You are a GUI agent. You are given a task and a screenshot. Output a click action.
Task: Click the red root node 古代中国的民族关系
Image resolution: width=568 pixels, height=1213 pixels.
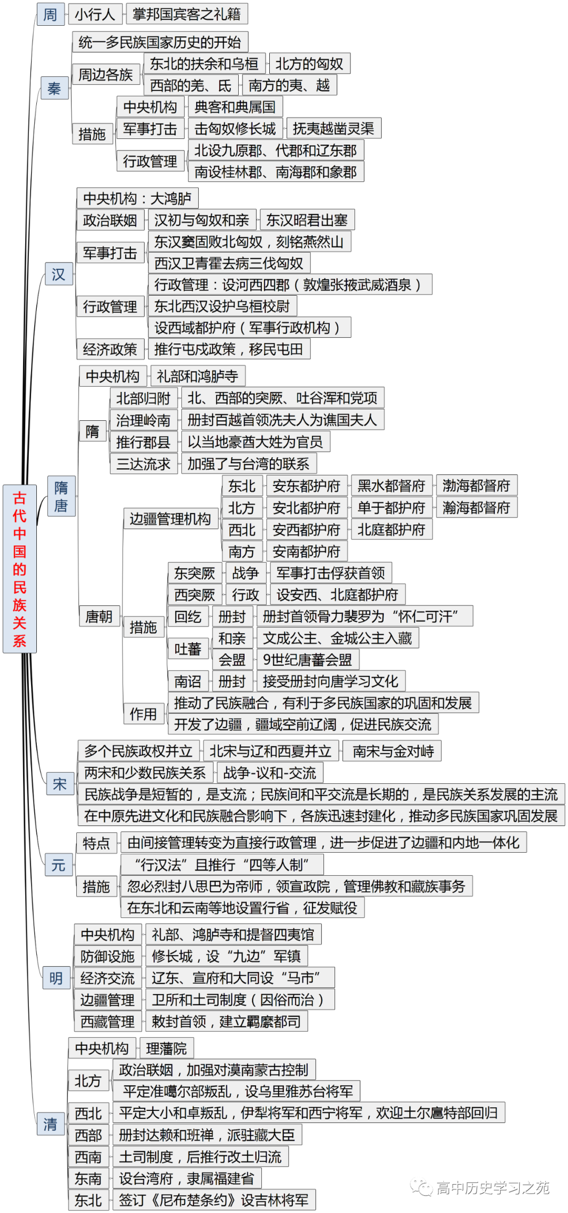tap(19, 569)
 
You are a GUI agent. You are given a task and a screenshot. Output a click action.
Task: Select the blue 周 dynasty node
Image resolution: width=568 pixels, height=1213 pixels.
tap(50, 14)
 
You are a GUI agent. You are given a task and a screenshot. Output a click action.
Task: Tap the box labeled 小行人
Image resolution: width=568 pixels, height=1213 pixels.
tap(95, 14)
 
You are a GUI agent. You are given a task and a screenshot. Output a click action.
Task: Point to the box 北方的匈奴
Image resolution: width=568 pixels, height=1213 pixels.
tap(309, 64)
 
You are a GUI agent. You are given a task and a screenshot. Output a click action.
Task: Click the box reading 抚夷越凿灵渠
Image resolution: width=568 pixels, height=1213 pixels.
tap(333, 128)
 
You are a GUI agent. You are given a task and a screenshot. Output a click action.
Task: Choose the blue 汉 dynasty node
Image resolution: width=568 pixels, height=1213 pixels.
tap(58, 274)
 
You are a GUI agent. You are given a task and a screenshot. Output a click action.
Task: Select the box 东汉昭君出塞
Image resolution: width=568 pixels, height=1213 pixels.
tap(307, 220)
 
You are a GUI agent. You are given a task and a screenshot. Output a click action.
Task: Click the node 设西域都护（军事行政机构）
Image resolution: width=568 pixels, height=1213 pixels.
tap(249, 328)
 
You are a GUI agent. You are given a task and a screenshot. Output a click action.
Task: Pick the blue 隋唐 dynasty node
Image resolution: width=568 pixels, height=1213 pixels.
tap(61, 497)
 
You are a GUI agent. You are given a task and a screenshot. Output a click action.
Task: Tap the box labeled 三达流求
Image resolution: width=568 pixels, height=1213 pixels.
tap(143, 464)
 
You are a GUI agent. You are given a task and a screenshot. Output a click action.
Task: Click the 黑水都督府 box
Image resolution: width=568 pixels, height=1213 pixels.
tap(391, 486)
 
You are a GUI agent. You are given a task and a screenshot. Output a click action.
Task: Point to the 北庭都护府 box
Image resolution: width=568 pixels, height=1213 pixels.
tap(391, 529)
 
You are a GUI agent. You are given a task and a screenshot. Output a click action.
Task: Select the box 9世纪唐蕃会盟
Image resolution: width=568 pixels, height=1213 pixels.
tap(308, 660)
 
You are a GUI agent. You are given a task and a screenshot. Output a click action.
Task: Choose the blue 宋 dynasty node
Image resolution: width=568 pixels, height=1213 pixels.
tap(59, 784)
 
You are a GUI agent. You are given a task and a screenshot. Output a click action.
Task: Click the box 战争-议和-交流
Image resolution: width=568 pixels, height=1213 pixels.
tap(270, 773)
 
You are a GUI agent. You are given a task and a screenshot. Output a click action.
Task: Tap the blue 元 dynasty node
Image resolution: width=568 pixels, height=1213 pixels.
tap(58, 865)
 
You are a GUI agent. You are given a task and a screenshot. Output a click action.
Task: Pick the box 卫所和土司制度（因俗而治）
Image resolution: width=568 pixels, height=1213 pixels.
tap(240, 999)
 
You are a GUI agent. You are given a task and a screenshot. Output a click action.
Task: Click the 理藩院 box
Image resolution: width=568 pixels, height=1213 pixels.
tap(167, 1048)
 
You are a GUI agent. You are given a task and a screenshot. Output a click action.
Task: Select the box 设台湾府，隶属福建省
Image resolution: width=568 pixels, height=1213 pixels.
tap(187, 1178)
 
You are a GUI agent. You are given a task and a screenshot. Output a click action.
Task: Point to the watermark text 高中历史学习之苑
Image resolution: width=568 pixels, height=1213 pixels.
tap(492, 1188)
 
